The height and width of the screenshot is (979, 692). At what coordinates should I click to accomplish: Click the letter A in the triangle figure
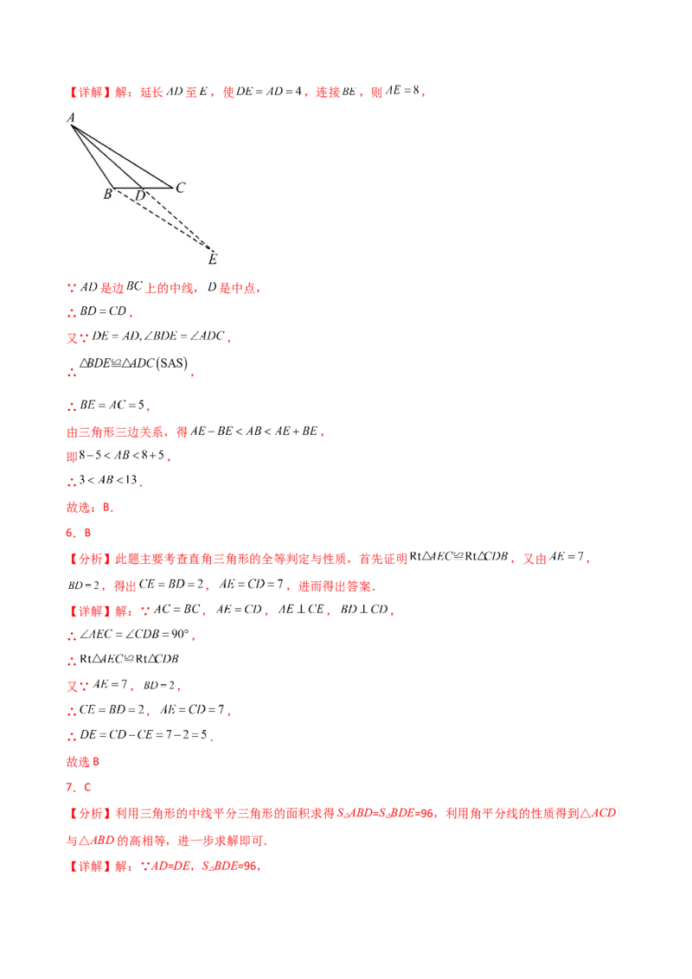click(x=71, y=118)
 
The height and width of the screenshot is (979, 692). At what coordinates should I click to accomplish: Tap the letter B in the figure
click(x=107, y=195)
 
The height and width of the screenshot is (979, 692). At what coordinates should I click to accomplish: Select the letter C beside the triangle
click(x=180, y=188)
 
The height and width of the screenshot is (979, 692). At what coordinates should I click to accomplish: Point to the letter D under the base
click(x=140, y=196)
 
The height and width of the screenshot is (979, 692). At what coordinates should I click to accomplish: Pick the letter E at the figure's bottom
click(x=212, y=259)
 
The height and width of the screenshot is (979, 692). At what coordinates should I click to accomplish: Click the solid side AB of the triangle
click(x=93, y=156)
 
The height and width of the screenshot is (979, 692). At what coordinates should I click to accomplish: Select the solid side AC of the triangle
click(x=123, y=157)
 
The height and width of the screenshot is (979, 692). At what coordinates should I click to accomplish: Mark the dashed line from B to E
click(x=164, y=219)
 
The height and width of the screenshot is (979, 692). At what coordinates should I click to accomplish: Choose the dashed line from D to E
click(x=177, y=220)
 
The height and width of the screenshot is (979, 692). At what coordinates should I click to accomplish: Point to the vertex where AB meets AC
click(x=73, y=126)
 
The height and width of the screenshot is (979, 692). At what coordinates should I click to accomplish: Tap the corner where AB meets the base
click(x=115, y=187)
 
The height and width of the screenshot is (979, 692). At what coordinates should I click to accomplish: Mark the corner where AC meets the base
click(x=171, y=187)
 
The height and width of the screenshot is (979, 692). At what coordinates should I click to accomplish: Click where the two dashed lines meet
click(x=213, y=249)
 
